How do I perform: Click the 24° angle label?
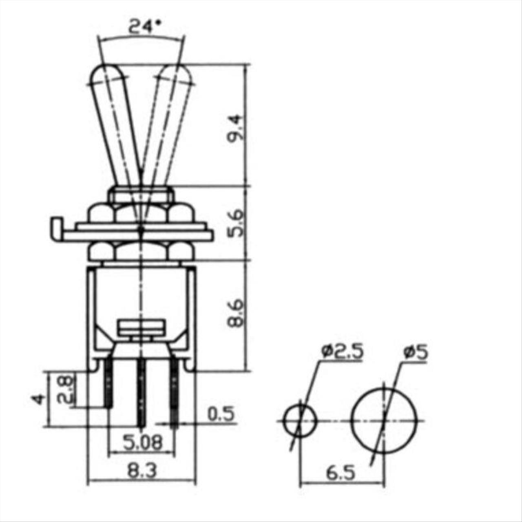point(145,27)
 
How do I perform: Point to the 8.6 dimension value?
point(234,314)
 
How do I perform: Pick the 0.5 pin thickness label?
point(221,414)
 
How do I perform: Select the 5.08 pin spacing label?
point(143,442)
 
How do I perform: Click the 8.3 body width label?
point(142,471)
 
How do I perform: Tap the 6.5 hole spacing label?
point(341,473)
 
